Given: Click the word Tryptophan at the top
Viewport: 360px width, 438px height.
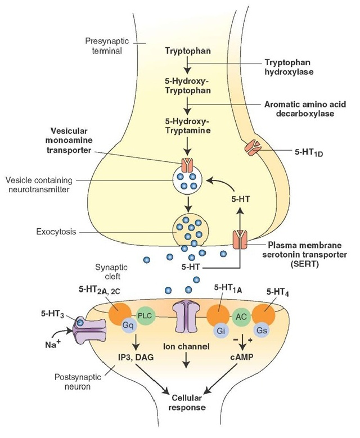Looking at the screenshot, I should tap(188, 51).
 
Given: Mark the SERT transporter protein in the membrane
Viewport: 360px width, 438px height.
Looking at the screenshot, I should tap(240, 246).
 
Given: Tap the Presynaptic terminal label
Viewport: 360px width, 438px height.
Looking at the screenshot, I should tap(103, 46).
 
